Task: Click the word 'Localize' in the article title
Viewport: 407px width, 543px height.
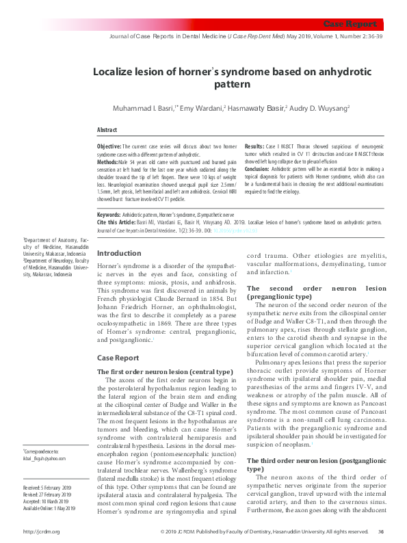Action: pyautogui.click(x=115, y=71)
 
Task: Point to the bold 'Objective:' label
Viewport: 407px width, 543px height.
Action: pyautogui.click(x=109, y=146)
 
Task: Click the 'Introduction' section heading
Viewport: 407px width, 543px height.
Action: pyautogui.click(x=120, y=253)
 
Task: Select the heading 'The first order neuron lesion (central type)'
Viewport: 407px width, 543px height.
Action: pyautogui.click(x=160, y=371)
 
